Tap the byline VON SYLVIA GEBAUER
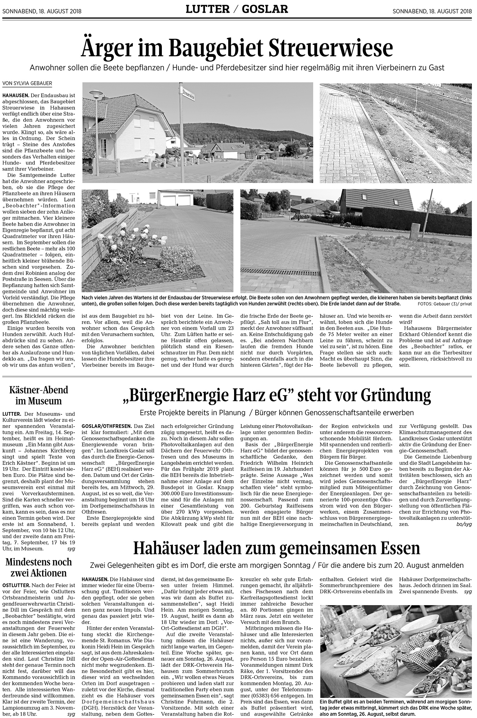click(x=27, y=83)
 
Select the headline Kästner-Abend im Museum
click(x=38, y=395)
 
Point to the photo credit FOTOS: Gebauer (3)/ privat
click(x=444, y=304)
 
